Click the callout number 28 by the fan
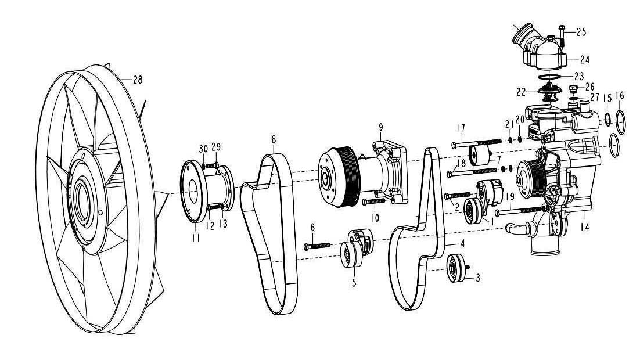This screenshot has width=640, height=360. point(137,80)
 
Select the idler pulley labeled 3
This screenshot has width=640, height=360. point(455,270)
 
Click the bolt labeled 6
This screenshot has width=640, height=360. point(317,246)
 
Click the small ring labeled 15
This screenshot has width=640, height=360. point(606,120)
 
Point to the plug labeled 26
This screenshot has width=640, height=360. point(573,89)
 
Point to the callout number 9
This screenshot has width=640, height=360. point(381,126)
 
